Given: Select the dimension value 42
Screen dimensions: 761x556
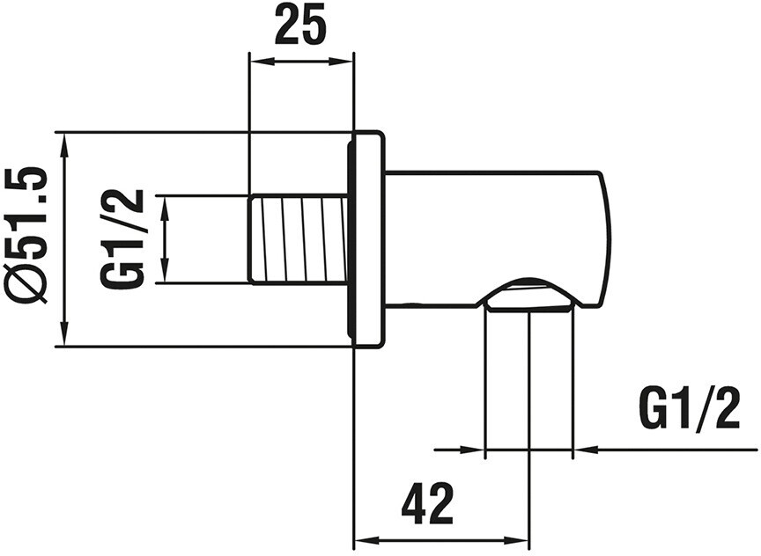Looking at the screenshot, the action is (427, 503).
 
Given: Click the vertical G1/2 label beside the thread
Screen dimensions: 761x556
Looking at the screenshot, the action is (122, 238).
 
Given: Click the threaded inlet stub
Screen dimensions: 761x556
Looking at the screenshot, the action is (299, 238).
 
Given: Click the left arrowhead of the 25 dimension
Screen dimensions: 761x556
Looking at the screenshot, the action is (260, 62).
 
